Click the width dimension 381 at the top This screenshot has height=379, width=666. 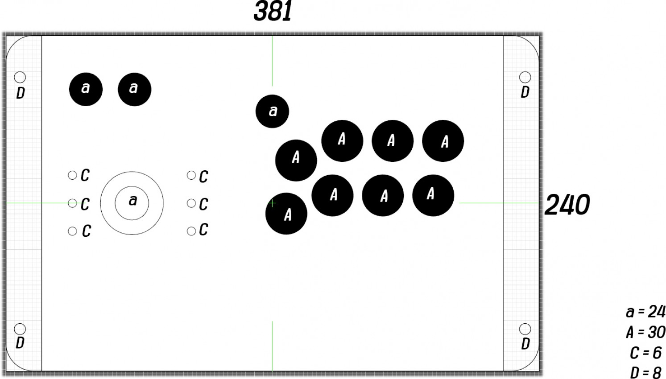coord(273,11)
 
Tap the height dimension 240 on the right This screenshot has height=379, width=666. coord(567,205)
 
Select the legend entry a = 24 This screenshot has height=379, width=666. coord(645,312)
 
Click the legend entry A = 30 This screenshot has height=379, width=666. coord(645,332)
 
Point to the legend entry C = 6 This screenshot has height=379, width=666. coord(645,353)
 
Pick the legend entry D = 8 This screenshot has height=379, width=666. coord(645,372)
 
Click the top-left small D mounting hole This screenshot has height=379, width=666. coord(20,77)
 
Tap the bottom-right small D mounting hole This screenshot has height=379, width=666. coord(525,329)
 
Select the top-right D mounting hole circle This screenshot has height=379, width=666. coord(525,77)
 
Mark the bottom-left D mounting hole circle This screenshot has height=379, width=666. coord(20,329)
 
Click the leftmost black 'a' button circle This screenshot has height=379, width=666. coord(86,89)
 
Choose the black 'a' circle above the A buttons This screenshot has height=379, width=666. coord(273,111)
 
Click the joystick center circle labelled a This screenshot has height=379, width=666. coord(132,203)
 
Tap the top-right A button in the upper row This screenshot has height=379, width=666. coord(443,141)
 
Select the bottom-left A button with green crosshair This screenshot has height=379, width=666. coord(286,214)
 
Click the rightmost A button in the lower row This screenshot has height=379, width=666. coord(433,195)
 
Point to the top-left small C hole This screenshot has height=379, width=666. coord(72,175)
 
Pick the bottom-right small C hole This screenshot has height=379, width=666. coord(191,231)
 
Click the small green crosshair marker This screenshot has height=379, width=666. coord(272,203)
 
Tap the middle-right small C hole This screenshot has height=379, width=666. coord(191,203)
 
